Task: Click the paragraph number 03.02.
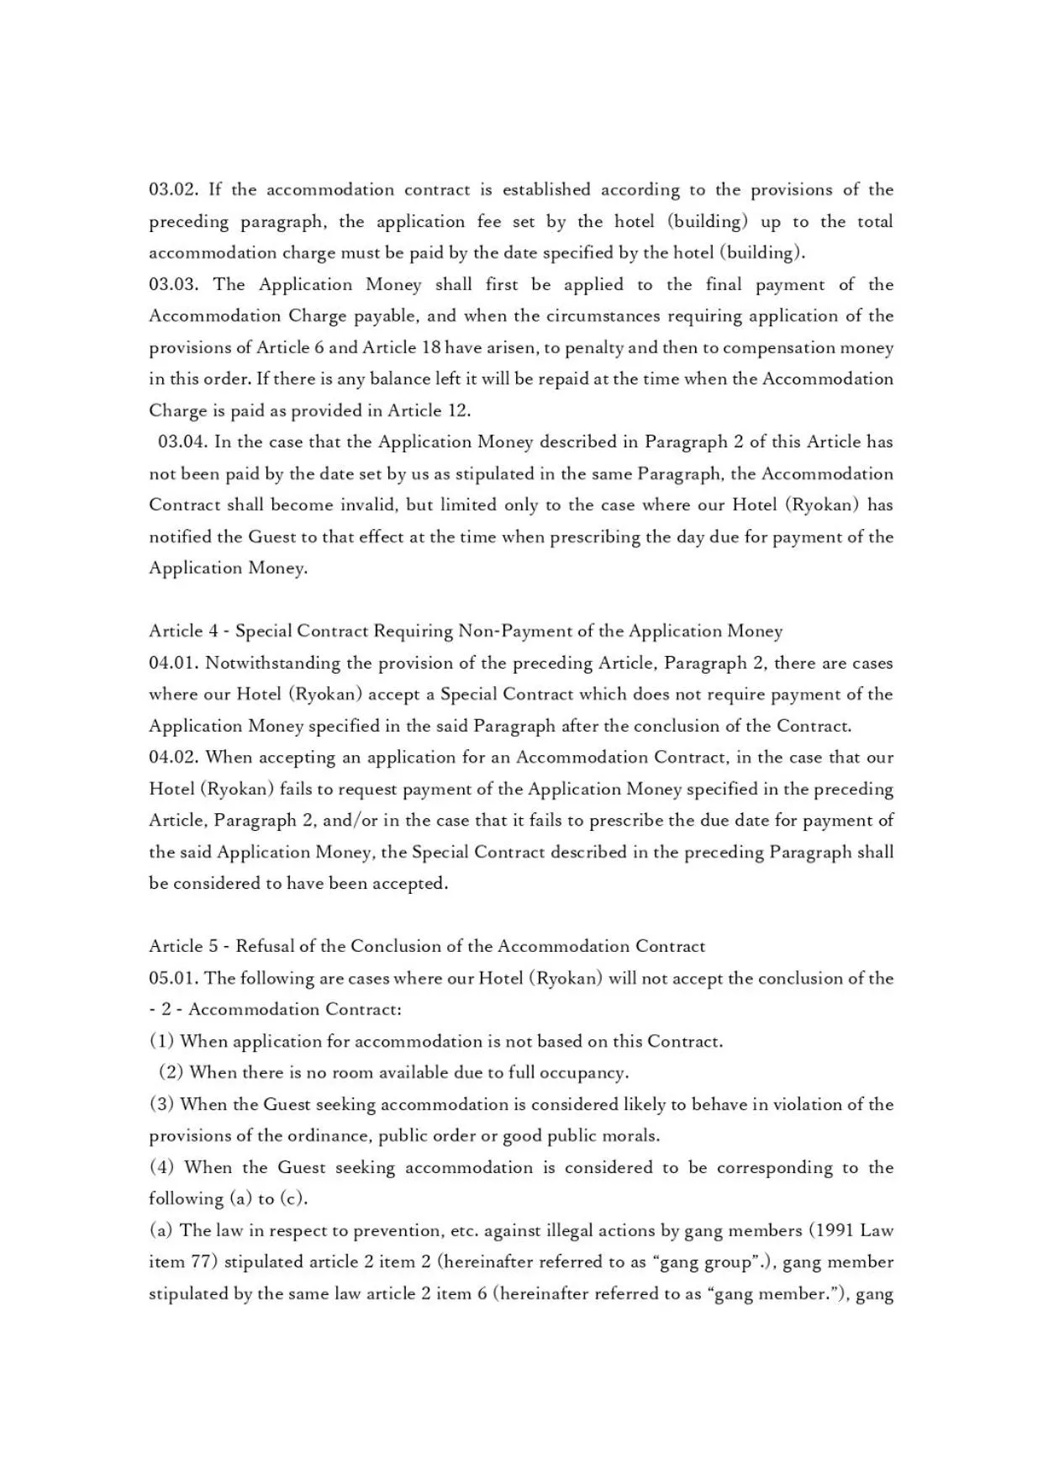pos(173,190)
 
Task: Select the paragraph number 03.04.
pos(182,442)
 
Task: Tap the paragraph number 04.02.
pos(173,758)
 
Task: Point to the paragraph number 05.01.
pos(173,979)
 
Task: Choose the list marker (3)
pos(161,1105)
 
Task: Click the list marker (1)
pos(161,1042)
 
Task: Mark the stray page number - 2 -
pos(166,1010)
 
